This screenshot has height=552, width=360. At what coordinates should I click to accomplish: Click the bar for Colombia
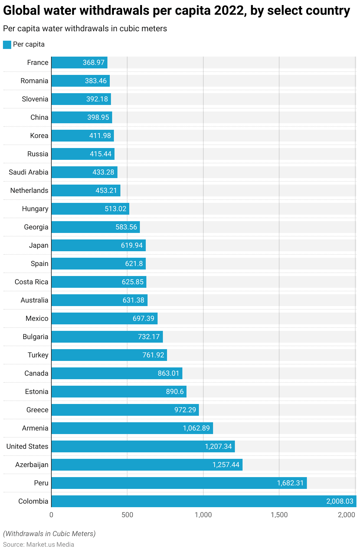pos(204,501)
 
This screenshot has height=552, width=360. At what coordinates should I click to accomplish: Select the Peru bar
pos(179,483)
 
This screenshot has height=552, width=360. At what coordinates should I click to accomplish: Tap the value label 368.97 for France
pos(94,63)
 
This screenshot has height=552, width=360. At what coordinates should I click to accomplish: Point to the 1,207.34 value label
pos(218,446)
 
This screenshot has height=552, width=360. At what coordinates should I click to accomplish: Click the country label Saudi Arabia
pos(28,172)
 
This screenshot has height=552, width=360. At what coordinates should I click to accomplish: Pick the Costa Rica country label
pos(31,282)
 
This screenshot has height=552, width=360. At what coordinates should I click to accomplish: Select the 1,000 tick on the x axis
pos(203,515)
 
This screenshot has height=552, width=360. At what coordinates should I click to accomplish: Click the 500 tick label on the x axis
pos(127,515)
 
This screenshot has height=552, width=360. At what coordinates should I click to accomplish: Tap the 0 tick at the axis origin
pos(51,515)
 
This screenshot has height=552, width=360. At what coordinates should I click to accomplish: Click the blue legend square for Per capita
pos(7,45)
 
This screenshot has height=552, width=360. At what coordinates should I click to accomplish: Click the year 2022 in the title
pos(229,11)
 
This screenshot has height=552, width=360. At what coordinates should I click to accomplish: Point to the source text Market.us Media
pos(50,544)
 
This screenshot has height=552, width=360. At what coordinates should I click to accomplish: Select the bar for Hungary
pos(90,209)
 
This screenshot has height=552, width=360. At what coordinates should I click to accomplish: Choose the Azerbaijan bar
pos(147,464)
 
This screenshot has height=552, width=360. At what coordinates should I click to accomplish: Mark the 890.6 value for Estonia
pos(175,391)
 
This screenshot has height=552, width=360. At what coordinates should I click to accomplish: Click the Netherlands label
pos(29,190)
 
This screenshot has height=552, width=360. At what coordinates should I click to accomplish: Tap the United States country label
pos(27,446)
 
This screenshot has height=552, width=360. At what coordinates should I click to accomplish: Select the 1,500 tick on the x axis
pos(279,515)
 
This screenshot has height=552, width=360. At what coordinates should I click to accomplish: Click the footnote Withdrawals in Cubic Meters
pos(49,533)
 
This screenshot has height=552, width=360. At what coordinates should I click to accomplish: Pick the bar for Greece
pos(125,410)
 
